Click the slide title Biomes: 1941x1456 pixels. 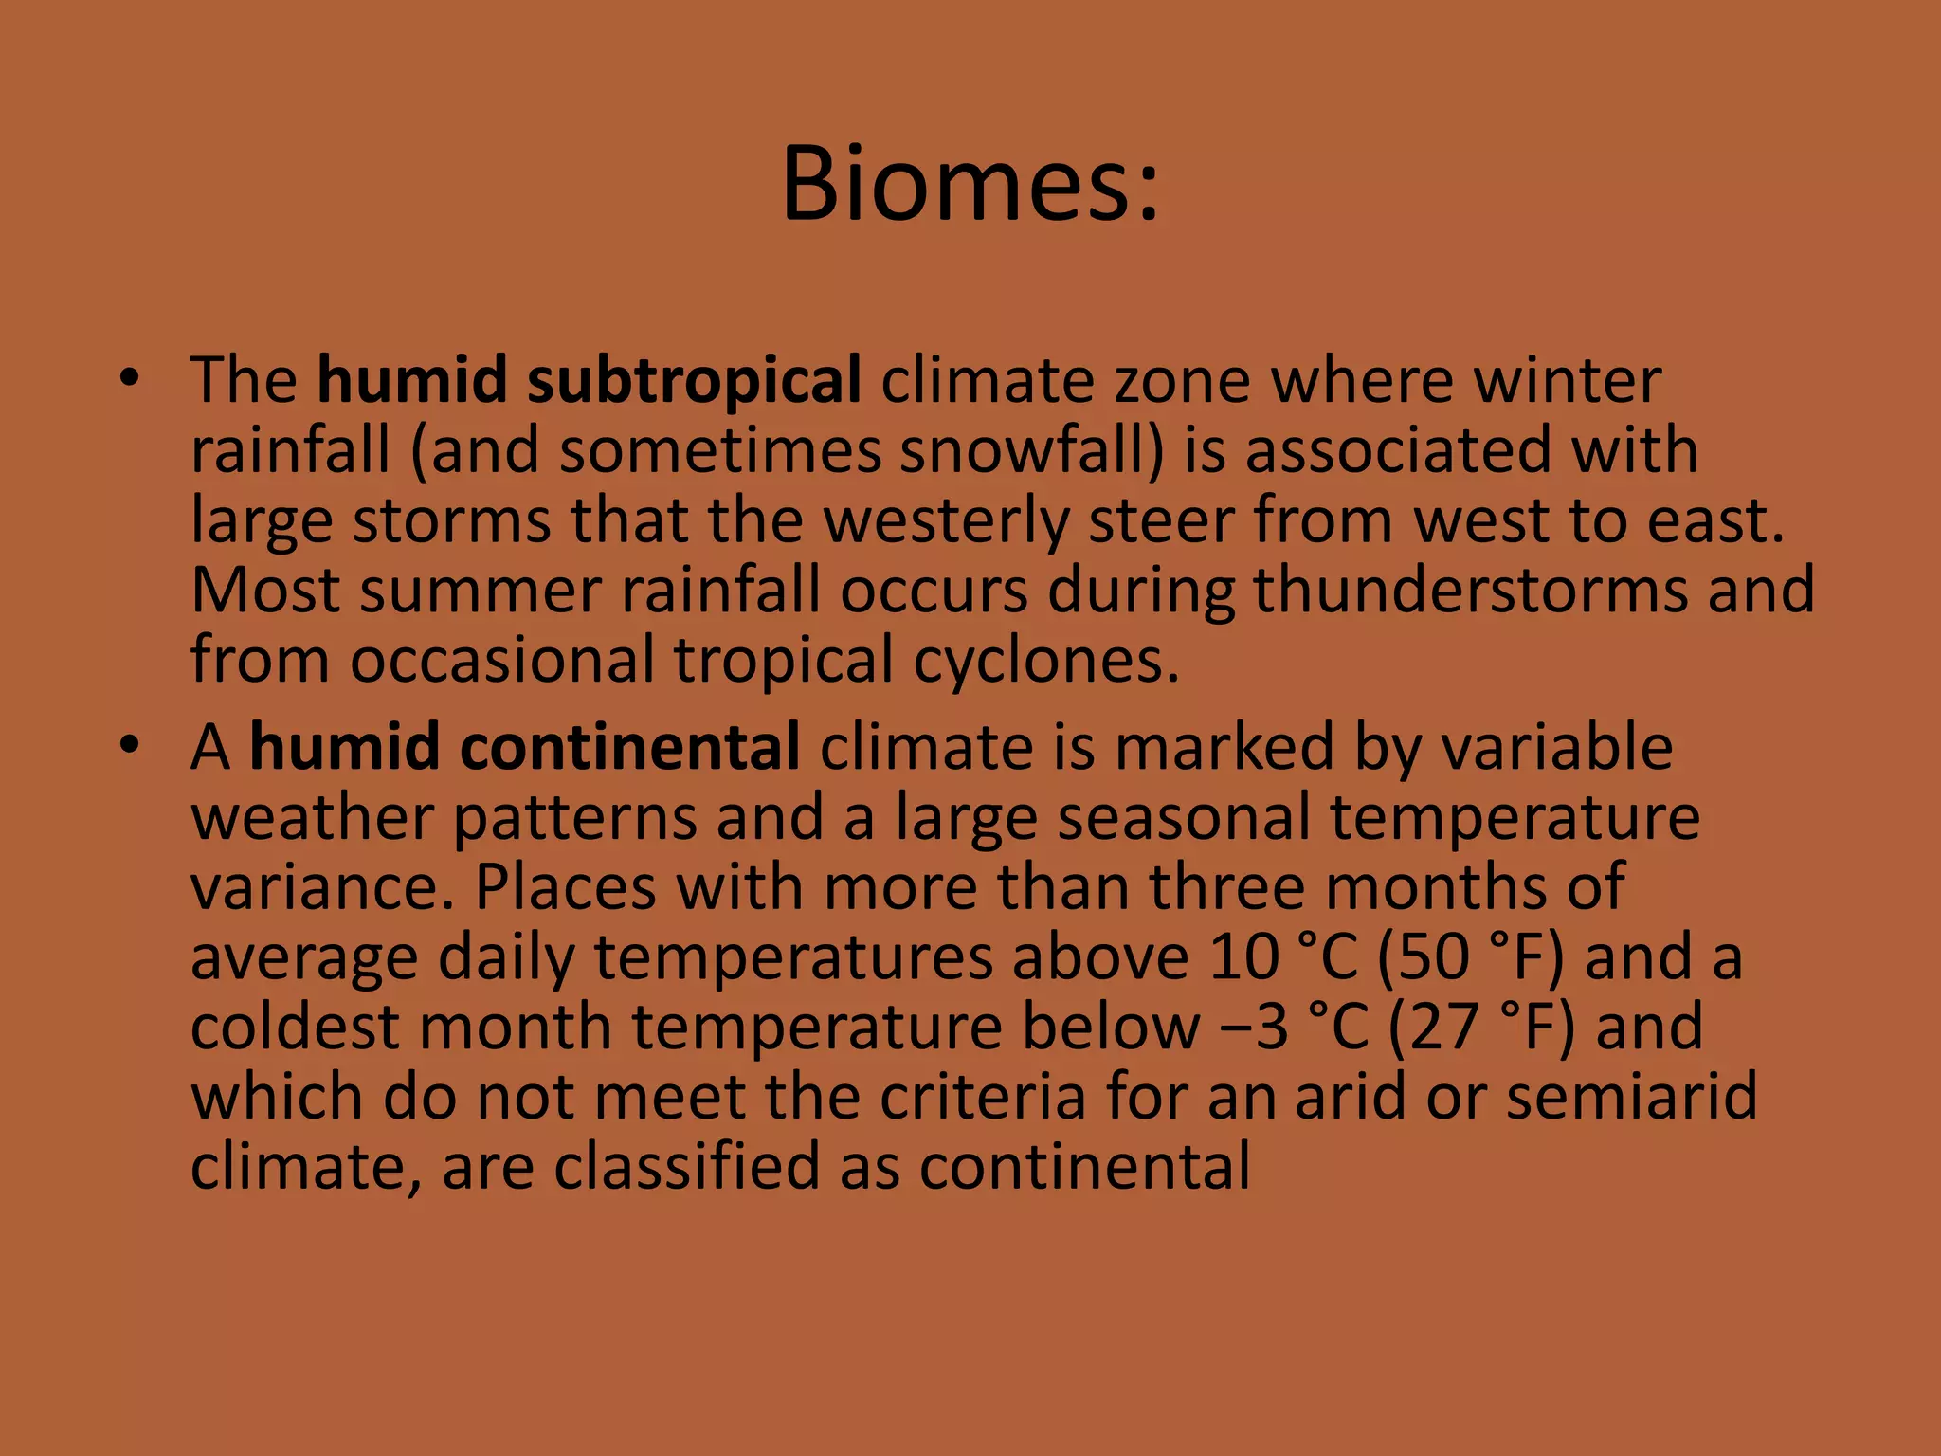tap(970, 184)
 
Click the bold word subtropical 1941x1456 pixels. tap(693, 381)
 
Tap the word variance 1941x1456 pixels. tap(323, 888)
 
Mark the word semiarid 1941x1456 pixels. tap(1631, 1097)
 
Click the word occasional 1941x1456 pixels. tap(502, 661)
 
